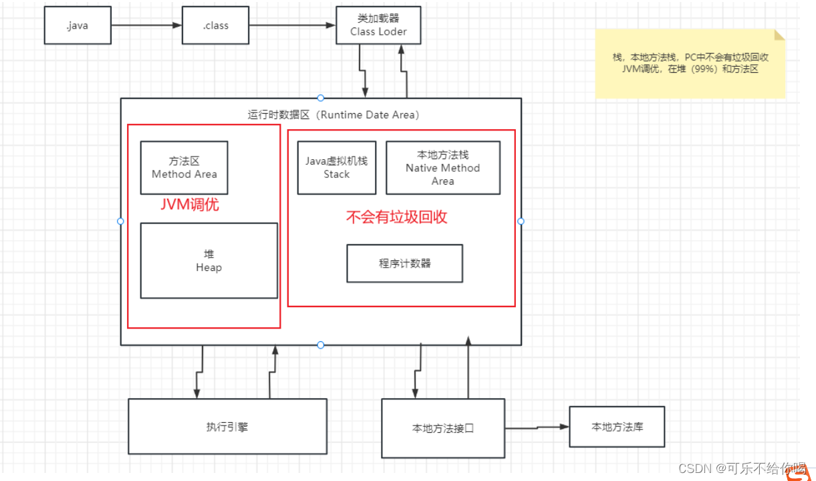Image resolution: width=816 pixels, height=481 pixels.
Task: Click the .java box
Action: (x=77, y=26)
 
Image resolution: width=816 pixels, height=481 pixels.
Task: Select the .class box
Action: (x=215, y=26)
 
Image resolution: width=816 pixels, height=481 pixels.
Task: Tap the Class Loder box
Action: (x=378, y=25)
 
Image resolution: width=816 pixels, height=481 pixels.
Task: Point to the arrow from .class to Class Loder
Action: (x=291, y=26)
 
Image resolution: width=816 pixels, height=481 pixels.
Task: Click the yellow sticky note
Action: (x=690, y=64)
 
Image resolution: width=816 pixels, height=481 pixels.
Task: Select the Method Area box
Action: (x=184, y=168)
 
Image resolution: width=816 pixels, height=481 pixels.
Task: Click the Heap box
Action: (x=209, y=261)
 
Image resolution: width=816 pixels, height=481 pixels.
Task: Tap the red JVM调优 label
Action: (x=190, y=205)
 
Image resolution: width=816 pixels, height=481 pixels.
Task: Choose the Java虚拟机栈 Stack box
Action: (x=337, y=168)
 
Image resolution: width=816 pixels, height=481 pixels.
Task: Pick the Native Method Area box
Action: (x=442, y=168)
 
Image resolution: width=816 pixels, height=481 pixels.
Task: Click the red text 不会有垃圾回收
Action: (x=396, y=217)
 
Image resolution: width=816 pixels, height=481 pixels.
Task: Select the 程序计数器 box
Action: (x=404, y=264)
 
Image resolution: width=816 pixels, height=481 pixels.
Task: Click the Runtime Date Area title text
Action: (x=333, y=114)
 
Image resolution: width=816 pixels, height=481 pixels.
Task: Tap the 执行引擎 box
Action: (x=227, y=427)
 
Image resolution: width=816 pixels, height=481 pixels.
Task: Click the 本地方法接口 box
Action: (x=443, y=428)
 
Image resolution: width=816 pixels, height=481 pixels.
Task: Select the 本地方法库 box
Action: (x=617, y=426)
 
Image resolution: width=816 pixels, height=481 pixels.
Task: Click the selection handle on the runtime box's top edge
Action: (x=321, y=98)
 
